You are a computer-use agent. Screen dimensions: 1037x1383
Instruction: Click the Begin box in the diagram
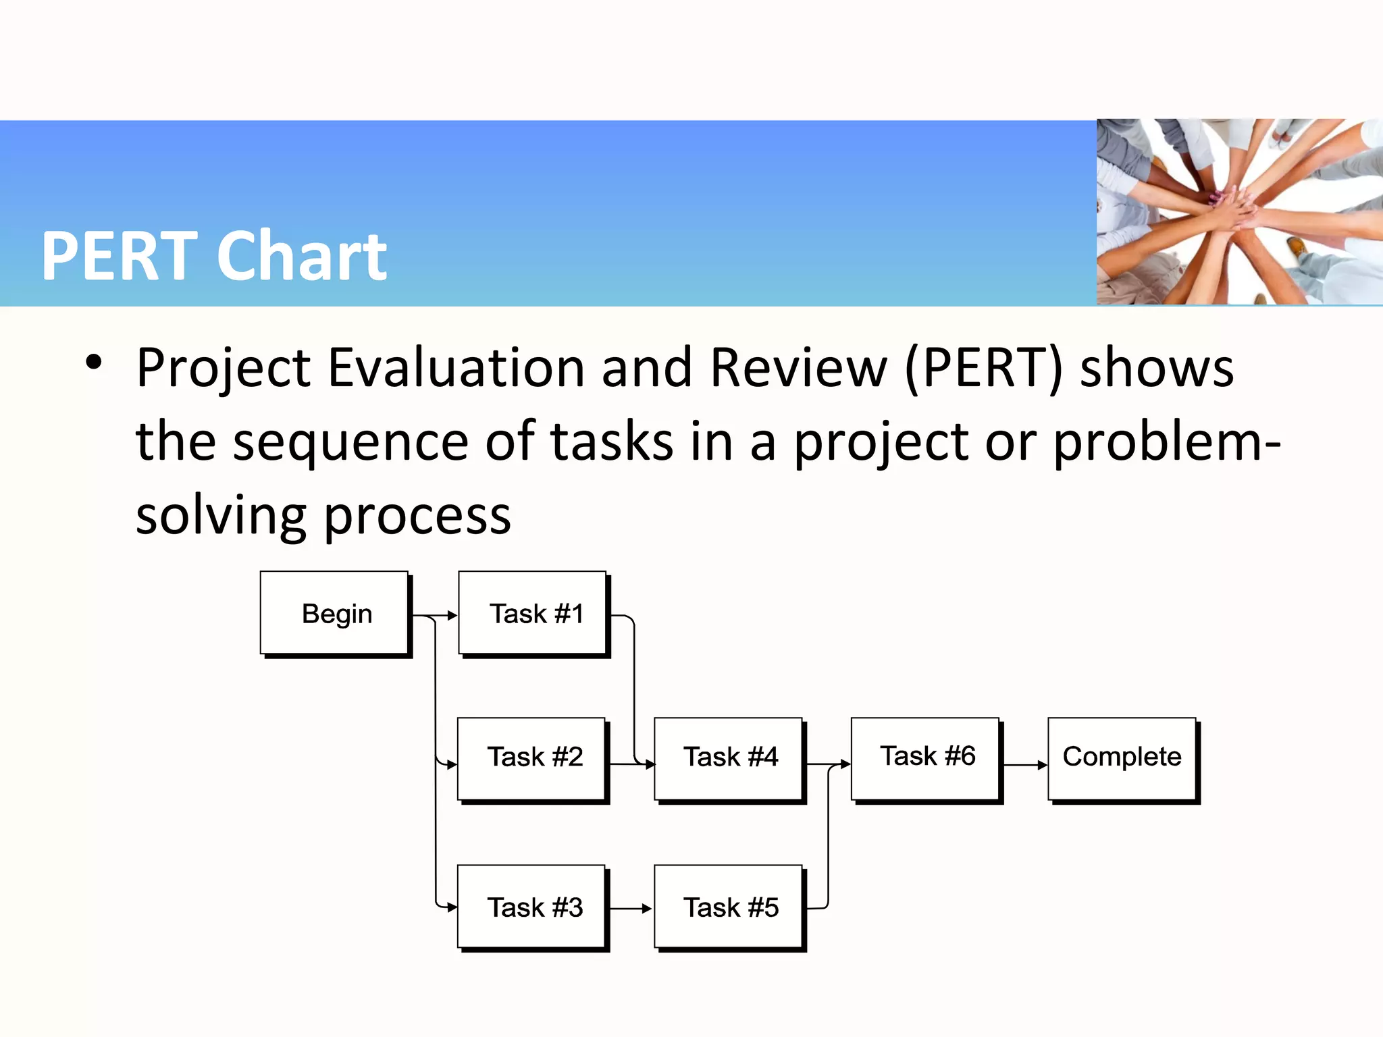pyautogui.click(x=335, y=613)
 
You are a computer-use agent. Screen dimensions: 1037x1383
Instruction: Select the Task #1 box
pyautogui.click(x=533, y=613)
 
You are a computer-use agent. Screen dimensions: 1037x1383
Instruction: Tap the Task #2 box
pyautogui.click(x=532, y=758)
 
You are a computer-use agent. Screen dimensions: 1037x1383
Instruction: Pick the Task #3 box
pyautogui.click(x=532, y=907)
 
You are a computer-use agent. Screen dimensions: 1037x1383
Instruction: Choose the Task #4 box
pyautogui.click(x=729, y=758)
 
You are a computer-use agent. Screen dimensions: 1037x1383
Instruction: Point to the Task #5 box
pyautogui.click(x=729, y=907)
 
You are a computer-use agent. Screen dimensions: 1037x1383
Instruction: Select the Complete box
pyautogui.click(x=1122, y=758)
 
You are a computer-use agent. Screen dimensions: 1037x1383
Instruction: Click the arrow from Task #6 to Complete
pyautogui.click(x=1024, y=765)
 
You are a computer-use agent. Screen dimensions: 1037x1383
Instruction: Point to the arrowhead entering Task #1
pyautogui.click(x=452, y=616)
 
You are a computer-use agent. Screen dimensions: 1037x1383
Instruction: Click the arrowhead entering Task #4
pyautogui.click(x=650, y=764)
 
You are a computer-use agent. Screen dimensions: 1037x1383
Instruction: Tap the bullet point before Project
pyautogui.click(x=94, y=363)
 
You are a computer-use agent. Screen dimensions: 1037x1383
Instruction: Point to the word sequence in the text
pyautogui.click(x=350, y=442)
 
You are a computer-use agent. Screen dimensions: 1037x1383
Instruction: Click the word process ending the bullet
pyautogui.click(x=417, y=516)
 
